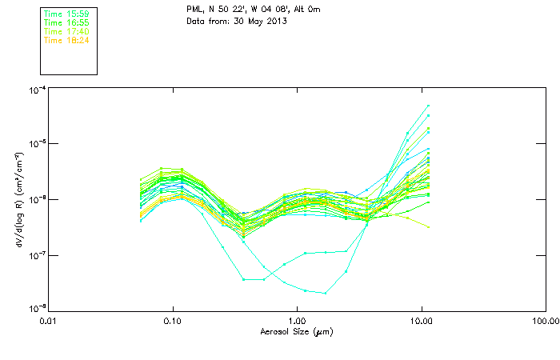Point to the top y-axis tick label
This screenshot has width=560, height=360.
click(36, 90)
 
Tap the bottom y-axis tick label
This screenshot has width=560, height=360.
click(36, 308)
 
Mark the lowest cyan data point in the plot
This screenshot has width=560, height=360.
click(325, 293)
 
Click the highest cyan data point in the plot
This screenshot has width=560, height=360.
click(429, 106)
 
